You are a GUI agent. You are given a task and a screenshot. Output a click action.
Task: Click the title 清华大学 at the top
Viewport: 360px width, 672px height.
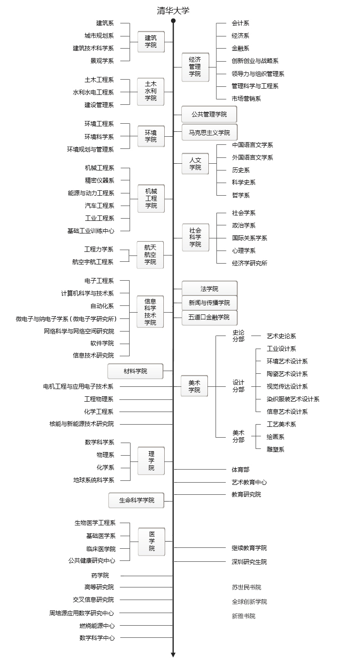point(173,11)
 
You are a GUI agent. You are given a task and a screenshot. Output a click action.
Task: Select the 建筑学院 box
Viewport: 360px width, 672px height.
point(151,41)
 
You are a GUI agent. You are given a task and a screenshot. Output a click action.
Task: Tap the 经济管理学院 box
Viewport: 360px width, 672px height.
point(195,67)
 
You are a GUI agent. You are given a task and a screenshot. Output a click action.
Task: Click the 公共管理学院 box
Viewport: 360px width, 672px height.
point(209,114)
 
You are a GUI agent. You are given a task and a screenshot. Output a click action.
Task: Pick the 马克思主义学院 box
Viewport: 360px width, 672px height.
point(209,133)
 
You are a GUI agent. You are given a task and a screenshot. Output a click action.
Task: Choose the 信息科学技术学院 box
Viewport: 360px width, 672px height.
point(150,312)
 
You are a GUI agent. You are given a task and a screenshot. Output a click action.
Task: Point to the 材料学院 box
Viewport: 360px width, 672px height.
point(135,371)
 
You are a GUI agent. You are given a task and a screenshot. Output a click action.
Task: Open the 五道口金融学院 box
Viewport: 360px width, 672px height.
point(209,318)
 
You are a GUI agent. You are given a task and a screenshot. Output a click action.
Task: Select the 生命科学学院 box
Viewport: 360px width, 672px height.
point(137,500)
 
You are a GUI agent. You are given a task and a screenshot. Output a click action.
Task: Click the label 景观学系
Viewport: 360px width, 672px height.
point(102,61)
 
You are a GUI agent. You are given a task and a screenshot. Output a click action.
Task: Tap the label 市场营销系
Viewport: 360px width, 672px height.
point(246,99)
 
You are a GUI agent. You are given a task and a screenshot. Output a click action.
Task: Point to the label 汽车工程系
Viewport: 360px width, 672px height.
point(99,206)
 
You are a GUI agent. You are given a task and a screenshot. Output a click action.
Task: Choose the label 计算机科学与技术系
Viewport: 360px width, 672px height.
point(87,293)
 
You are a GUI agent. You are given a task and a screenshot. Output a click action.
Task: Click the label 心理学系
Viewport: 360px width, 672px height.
point(243,251)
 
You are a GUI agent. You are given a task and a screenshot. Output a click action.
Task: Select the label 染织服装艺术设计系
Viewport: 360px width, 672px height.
point(293,399)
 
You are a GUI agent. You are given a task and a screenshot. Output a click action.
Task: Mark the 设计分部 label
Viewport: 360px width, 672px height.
point(238,386)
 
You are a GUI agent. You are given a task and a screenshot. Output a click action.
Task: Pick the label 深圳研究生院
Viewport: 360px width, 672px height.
point(249,562)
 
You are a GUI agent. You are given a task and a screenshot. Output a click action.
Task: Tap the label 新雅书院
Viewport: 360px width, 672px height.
point(243,616)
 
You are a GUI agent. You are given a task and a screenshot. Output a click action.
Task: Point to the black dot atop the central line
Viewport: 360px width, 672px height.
point(173,21)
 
